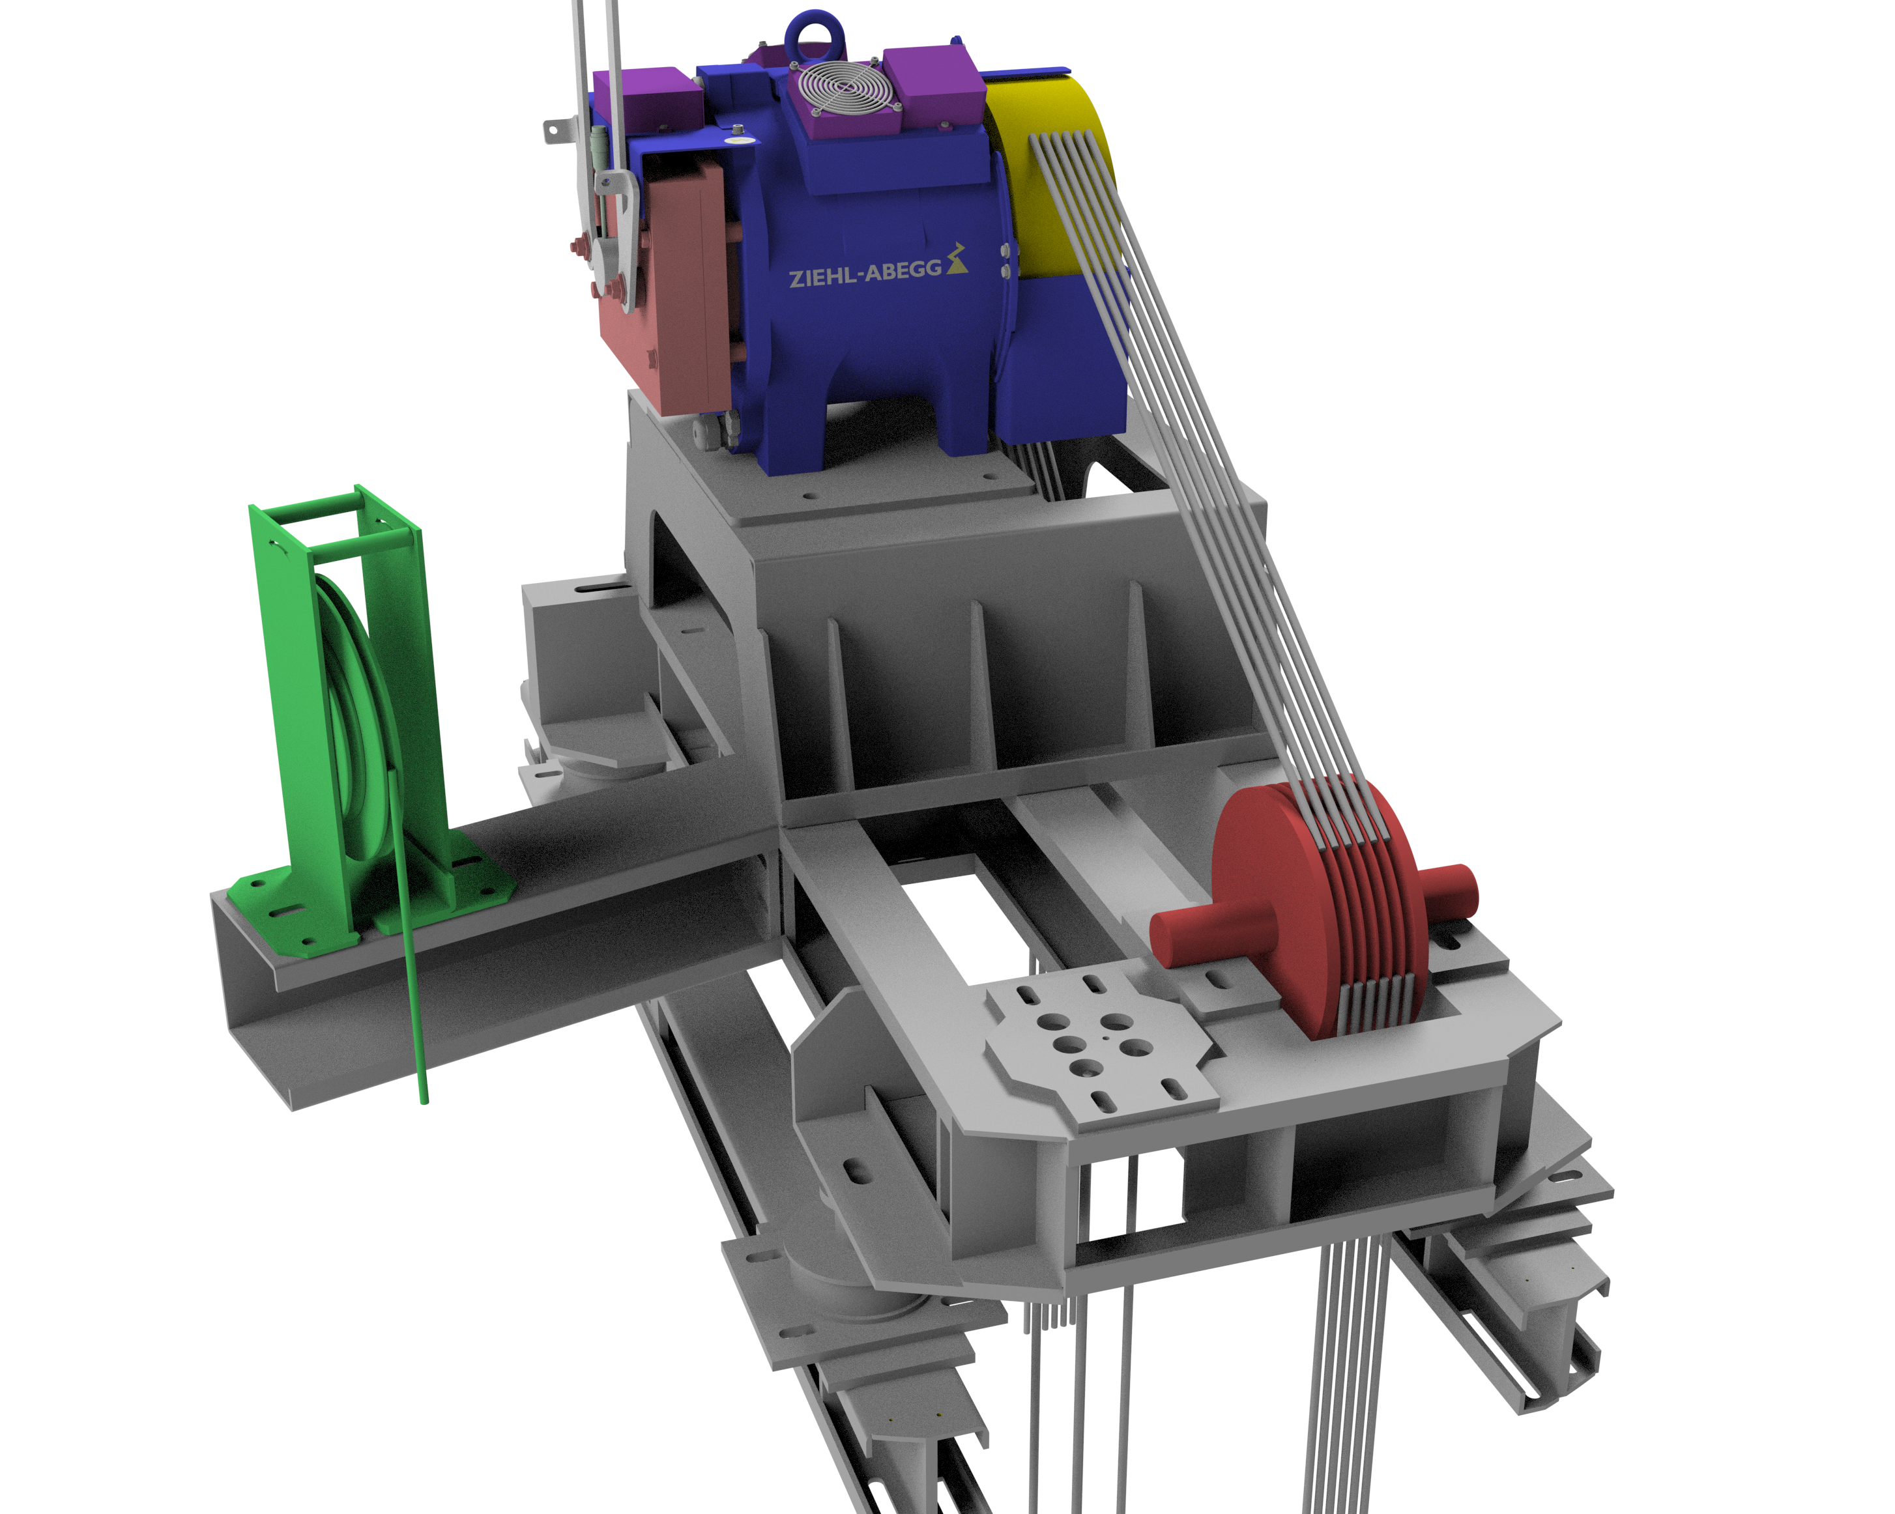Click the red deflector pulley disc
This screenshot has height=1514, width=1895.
[x=1318, y=909]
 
